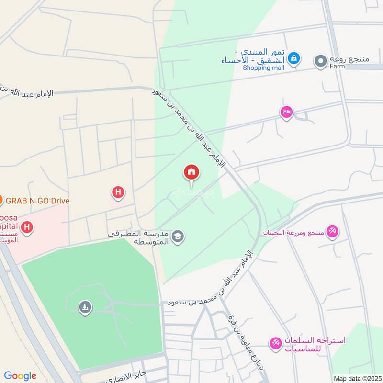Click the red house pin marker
click(x=191, y=173)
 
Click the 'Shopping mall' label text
click(x=263, y=68)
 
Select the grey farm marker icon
click(x=320, y=61)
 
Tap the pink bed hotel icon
click(x=286, y=112)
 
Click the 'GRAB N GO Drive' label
click(x=38, y=201)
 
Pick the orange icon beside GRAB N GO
click(x=1, y=200)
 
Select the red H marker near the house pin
click(x=118, y=193)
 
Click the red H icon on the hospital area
click(x=27, y=227)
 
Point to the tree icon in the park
click(x=85, y=307)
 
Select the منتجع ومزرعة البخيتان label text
click(x=293, y=232)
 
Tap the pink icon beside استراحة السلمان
click(x=275, y=344)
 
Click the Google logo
click(x=20, y=376)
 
